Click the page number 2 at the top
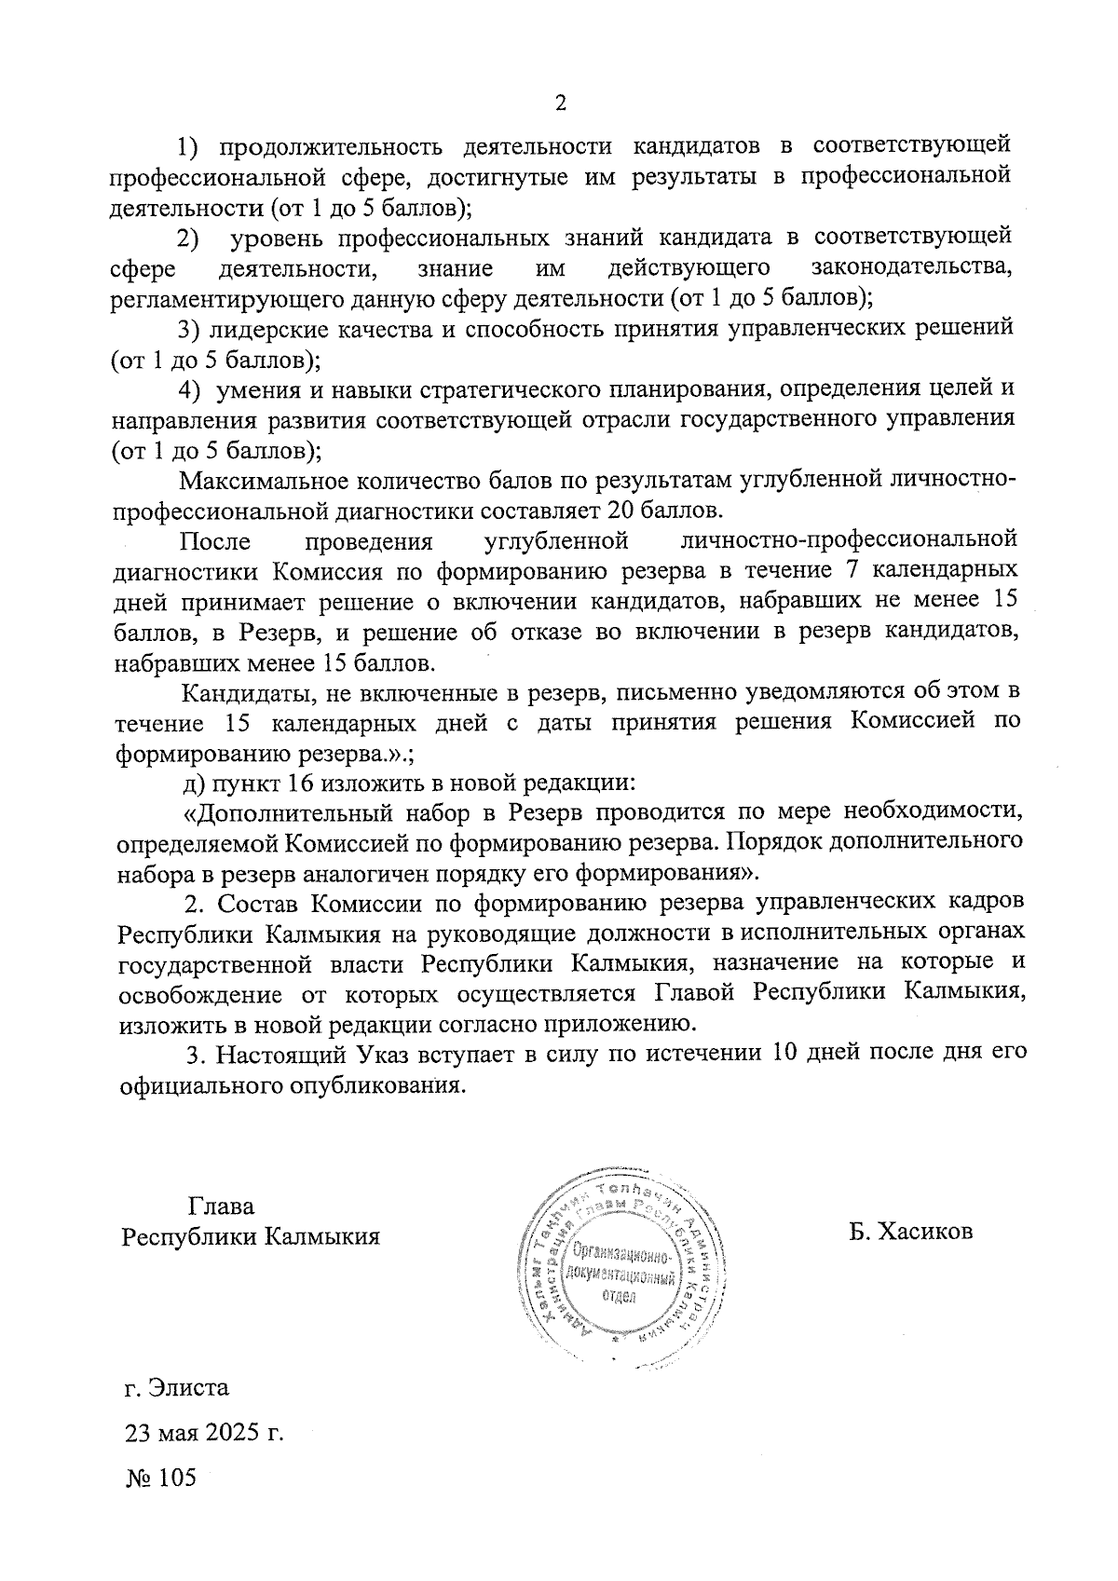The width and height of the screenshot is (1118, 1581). pyautogui.click(x=560, y=102)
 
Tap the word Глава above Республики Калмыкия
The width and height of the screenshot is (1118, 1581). pyautogui.click(x=221, y=1206)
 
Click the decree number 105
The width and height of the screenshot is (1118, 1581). pyautogui.click(x=177, y=1478)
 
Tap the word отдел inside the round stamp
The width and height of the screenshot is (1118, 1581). pyautogui.click(x=618, y=1298)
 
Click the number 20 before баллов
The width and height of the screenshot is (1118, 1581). pyautogui.click(x=620, y=511)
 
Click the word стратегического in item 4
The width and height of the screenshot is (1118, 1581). pyautogui.click(x=499, y=388)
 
